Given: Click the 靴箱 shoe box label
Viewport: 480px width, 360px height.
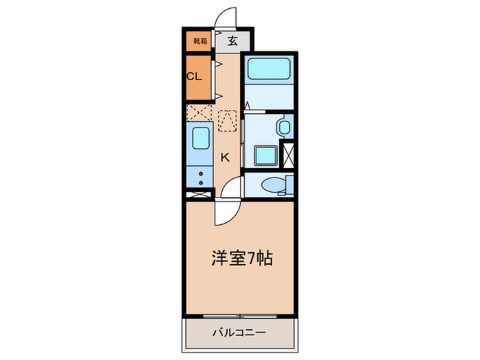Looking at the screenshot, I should (x=199, y=41).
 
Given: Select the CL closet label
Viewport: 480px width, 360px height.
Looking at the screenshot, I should (x=194, y=76).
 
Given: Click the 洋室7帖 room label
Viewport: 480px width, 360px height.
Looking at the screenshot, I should (x=241, y=259).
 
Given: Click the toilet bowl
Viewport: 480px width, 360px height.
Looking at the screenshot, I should (x=272, y=184).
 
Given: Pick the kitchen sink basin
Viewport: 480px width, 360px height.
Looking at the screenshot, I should (x=200, y=140).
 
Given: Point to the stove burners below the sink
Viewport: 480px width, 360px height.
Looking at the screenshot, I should (x=200, y=178).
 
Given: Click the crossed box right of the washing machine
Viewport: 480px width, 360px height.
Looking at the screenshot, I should (x=289, y=154).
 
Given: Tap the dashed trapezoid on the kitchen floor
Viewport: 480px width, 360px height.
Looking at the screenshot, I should (x=226, y=121).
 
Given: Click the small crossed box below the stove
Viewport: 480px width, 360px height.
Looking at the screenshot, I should (x=198, y=195).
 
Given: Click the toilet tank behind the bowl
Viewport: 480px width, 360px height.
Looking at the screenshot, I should (x=290, y=184).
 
